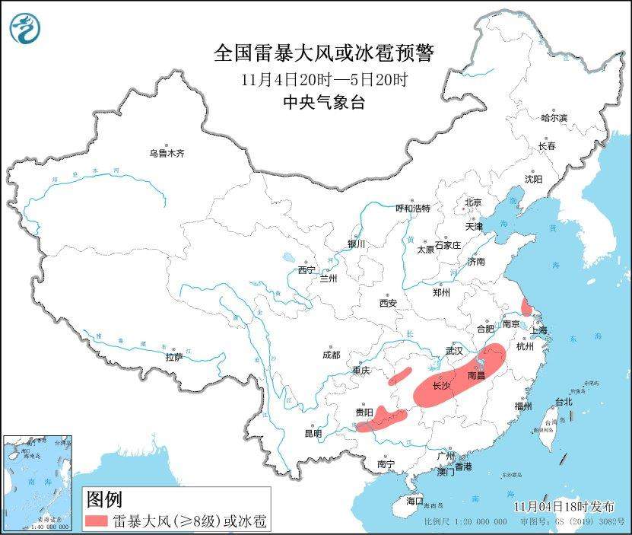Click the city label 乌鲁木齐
[x=167, y=153]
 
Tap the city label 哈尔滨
[x=554, y=118]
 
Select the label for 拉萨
[x=173, y=357]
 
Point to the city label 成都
[x=331, y=355]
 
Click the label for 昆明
[x=313, y=433]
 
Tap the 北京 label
[x=473, y=202]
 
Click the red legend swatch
[x=97, y=521]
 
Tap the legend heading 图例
[x=104, y=500]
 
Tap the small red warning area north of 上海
[x=525, y=307]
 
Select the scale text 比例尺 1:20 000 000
[x=465, y=523]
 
